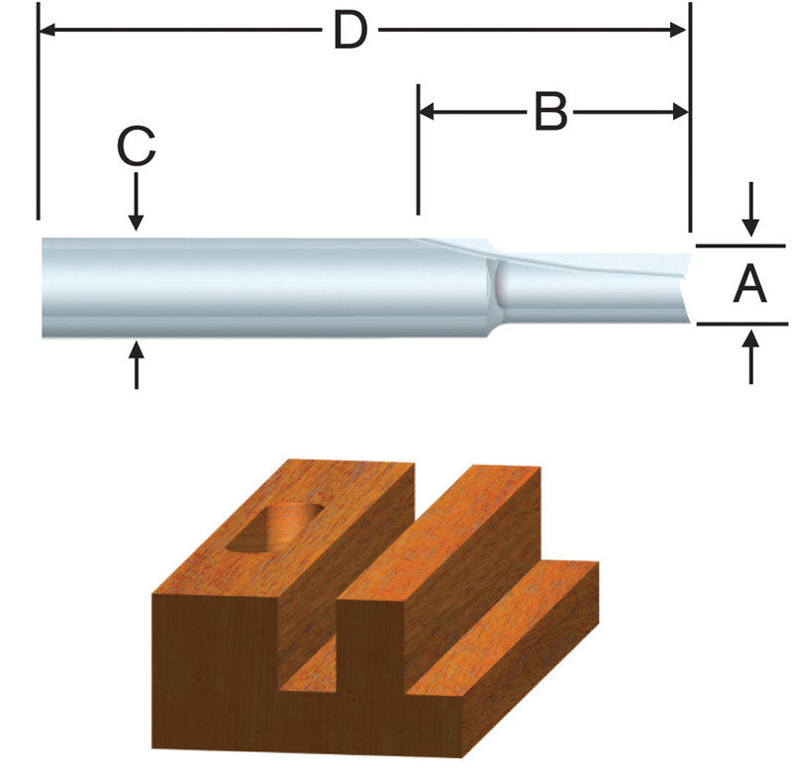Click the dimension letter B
(550, 113)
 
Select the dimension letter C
(136, 148)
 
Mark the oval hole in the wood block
(274, 527)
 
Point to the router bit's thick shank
(247, 287)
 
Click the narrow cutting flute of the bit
(594, 287)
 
